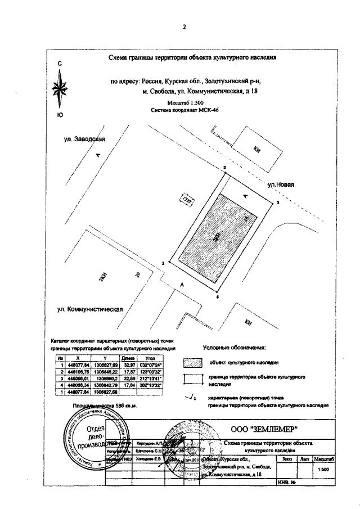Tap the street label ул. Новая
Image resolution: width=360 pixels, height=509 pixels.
coord(281,184)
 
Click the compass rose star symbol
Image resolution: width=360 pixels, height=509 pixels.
coord(60,90)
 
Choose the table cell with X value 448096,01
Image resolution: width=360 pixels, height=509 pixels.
coord(78,379)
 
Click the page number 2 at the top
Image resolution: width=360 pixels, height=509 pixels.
coord(183,26)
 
